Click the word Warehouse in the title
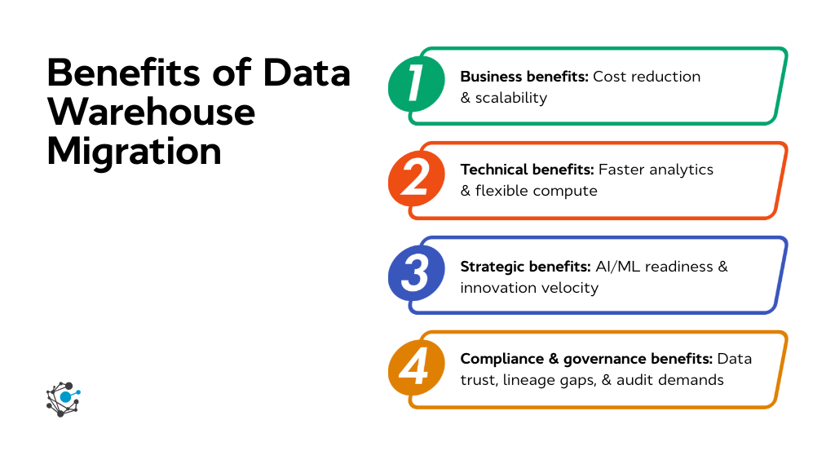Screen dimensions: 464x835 pyautogui.click(x=151, y=113)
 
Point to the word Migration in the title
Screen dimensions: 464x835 pyautogui.click(x=134, y=152)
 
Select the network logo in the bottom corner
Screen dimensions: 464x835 pyautogui.click(x=63, y=399)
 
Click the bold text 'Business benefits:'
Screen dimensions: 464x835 pyautogui.click(x=524, y=77)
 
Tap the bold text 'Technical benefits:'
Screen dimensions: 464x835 pyautogui.click(x=527, y=170)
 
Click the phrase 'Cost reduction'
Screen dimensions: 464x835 pyautogui.click(x=647, y=77)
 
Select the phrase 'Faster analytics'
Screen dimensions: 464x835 pyautogui.click(x=656, y=170)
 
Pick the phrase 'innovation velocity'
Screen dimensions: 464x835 pyautogui.click(x=529, y=288)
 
